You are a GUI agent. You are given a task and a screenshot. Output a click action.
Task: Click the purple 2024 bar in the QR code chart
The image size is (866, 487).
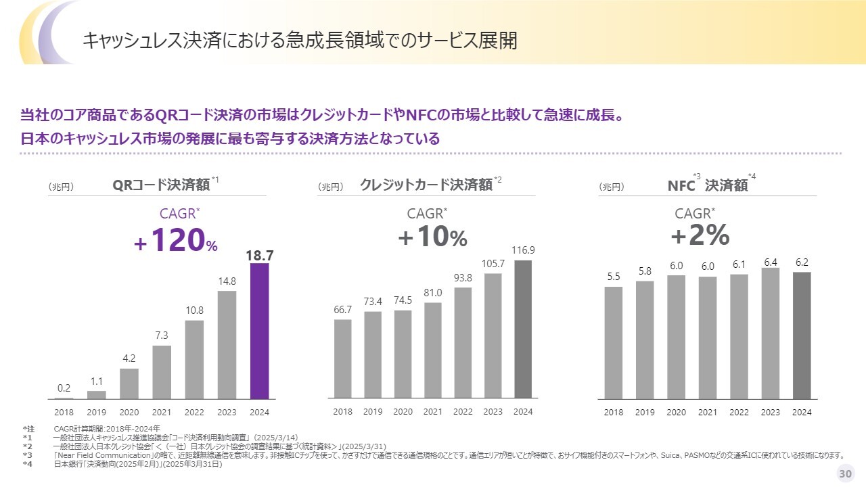click(260, 331)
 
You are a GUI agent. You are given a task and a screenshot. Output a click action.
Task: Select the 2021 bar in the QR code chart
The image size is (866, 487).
click(162, 372)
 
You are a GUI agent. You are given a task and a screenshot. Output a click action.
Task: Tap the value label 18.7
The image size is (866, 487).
click(260, 255)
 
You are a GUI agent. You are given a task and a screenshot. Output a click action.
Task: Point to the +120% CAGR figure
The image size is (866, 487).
click(176, 240)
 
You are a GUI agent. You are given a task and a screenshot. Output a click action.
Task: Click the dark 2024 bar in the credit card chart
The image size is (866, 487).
click(523, 329)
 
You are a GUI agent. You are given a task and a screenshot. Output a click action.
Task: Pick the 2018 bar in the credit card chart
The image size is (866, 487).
click(343, 358)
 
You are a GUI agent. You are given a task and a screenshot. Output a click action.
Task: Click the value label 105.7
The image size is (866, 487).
click(493, 263)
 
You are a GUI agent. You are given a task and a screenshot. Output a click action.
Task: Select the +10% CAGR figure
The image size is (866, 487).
click(433, 237)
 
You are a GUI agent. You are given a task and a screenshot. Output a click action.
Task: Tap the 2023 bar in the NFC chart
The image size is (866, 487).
click(770, 333)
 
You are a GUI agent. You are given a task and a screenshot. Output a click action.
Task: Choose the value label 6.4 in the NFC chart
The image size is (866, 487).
click(771, 262)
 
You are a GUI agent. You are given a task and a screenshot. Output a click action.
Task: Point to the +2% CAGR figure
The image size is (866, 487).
click(700, 235)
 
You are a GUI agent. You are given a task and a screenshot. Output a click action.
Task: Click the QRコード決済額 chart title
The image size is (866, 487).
click(161, 185)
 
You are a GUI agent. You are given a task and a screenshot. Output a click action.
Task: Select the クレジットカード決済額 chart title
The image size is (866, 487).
click(426, 185)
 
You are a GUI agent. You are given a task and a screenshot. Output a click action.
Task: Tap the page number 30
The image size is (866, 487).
click(845, 473)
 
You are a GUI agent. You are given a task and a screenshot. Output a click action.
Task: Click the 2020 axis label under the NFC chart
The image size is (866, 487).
click(676, 413)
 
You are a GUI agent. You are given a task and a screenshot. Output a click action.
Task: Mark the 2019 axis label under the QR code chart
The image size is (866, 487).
click(97, 412)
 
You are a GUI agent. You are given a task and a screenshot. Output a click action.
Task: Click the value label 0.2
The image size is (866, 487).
click(64, 388)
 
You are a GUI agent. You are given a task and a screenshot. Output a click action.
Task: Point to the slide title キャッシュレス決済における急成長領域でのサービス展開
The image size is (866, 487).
click(300, 41)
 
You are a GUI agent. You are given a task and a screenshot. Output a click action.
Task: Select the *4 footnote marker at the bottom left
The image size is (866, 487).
click(27, 464)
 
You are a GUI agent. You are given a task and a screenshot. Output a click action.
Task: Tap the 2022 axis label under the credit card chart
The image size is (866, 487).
click(463, 412)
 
